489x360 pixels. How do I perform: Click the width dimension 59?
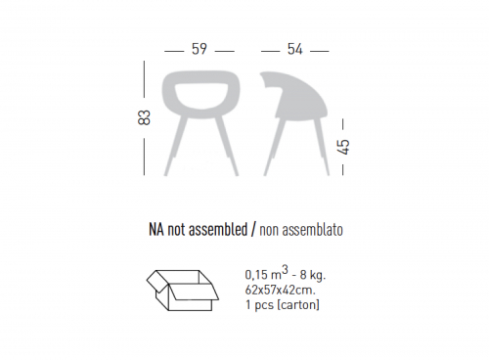200,49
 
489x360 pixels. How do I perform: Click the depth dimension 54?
295,49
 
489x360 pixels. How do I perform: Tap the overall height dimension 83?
145,117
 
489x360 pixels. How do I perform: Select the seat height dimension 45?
343,147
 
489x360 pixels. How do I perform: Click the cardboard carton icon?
183,291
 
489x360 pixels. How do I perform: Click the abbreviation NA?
156,229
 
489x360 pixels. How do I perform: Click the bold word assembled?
218,229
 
